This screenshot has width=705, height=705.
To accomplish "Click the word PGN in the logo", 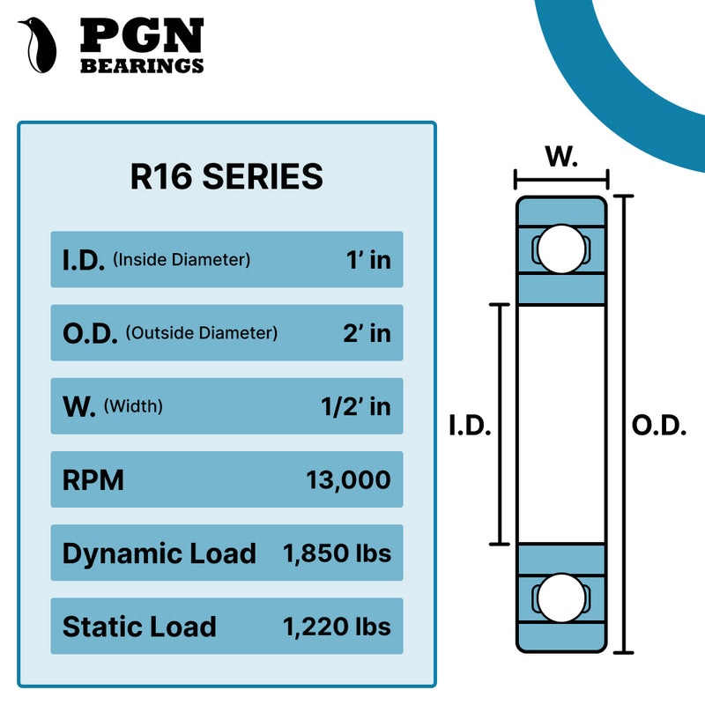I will (x=142, y=35).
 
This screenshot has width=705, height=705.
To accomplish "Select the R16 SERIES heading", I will (x=226, y=176).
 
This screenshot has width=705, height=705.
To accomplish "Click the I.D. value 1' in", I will (x=367, y=260).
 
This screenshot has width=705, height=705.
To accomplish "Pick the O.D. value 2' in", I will (x=366, y=333).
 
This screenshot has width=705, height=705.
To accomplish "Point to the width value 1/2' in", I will (x=355, y=407).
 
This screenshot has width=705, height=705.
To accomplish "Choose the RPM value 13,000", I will (x=348, y=480).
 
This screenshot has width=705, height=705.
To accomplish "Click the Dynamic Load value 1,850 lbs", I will (x=337, y=553).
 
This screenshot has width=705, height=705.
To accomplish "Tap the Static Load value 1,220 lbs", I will (x=337, y=627).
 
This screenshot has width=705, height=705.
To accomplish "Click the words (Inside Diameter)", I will (x=182, y=260).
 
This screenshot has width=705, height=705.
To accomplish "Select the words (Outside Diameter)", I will (x=202, y=333).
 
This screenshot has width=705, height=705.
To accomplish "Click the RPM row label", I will (x=93, y=480).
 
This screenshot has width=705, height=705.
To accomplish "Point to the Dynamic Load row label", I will (x=159, y=553).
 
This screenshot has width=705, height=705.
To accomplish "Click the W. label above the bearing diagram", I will (x=561, y=159).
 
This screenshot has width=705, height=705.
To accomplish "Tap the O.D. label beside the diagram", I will (x=659, y=426).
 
